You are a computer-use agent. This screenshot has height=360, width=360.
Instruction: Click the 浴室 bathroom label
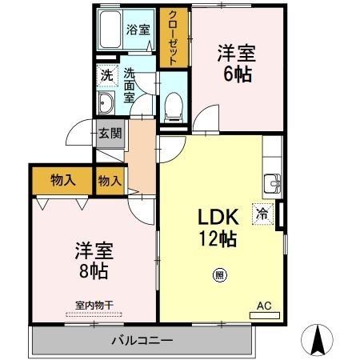138,30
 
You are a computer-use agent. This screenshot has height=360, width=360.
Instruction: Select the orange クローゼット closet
170,38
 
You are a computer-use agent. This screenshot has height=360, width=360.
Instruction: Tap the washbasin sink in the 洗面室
106,102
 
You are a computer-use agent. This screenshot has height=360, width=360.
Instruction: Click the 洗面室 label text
130,86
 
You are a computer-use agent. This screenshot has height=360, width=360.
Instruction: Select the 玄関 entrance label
110,133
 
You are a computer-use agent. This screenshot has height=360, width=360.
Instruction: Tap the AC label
264,305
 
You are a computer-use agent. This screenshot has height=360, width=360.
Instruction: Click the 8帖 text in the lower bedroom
90,269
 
